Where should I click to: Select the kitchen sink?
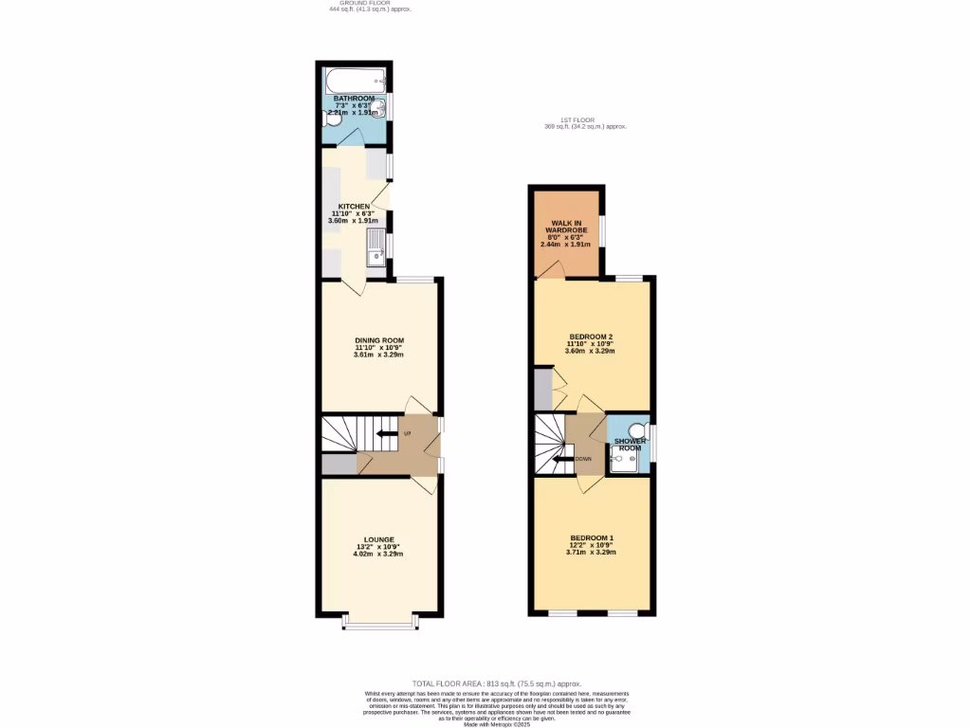pyautogui.click(x=376, y=247)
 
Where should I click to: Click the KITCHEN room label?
pyautogui.click(x=354, y=207)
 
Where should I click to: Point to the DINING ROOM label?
pyautogui.click(x=379, y=340)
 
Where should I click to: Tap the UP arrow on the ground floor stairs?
pyautogui.click(x=387, y=434)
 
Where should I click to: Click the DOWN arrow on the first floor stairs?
pyautogui.click(x=566, y=459)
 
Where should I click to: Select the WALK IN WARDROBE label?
pyautogui.click(x=566, y=227)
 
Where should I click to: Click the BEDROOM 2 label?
pyautogui.click(x=591, y=337)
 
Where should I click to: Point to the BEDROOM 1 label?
pyautogui.click(x=592, y=538)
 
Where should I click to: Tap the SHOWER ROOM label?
pyautogui.click(x=630, y=445)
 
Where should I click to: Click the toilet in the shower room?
pyautogui.click(x=637, y=431)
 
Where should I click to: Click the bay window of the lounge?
pyautogui.click(x=379, y=626)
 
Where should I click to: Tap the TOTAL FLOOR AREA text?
pyautogui.click(x=496, y=683)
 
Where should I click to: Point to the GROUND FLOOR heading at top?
pyautogui.click(x=370, y=4)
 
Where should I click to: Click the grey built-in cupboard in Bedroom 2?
pyautogui.click(x=542, y=389)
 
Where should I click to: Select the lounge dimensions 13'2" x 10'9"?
pyautogui.click(x=378, y=547)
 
